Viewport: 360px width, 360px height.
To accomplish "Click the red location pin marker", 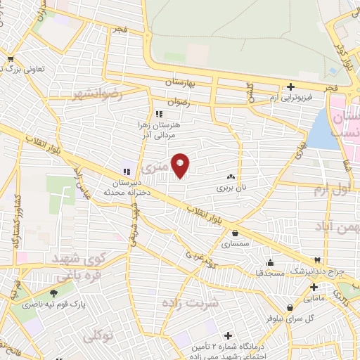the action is (x=180, y=165).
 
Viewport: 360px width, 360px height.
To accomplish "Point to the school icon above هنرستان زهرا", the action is (x=160, y=114).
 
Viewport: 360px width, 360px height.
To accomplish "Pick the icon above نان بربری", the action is (x=231, y=179).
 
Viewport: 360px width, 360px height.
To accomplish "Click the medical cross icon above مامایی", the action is (x=314, y=287).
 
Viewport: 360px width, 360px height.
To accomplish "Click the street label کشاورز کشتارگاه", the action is (x=14, y=223).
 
